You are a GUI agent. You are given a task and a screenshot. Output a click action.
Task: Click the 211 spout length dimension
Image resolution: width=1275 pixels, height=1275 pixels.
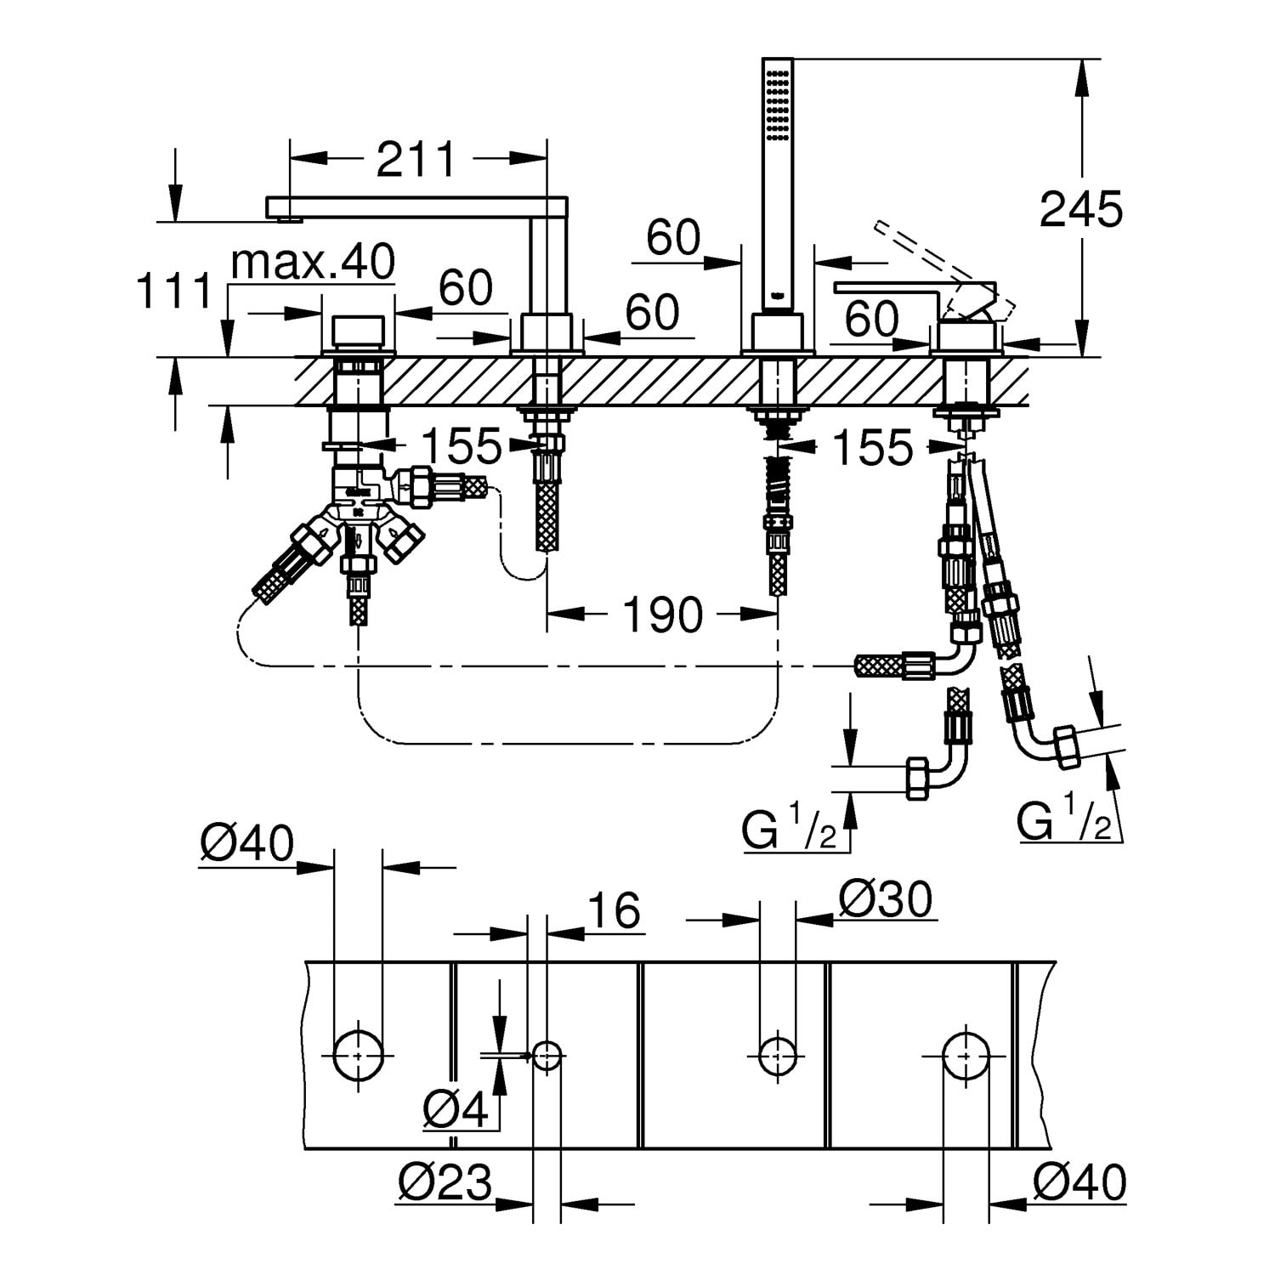416,159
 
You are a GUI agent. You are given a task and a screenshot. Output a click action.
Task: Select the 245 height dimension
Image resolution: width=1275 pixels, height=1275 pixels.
1080,209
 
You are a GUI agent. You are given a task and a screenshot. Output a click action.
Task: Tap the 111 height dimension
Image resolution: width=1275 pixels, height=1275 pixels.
173,292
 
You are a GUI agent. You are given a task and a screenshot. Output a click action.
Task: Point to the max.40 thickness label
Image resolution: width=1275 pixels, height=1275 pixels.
313,263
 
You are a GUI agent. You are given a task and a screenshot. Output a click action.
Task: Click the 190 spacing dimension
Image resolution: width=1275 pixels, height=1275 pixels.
663,614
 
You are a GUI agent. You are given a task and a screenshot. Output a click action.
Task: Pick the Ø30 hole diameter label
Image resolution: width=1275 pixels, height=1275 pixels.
886,898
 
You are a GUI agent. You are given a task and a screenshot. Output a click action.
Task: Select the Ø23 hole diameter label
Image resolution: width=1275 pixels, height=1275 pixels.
445,1182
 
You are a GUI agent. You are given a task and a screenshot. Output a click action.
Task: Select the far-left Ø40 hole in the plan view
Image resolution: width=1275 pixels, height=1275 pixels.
358,1054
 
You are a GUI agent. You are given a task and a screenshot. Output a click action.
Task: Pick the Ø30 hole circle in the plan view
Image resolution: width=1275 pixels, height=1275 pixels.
778,1055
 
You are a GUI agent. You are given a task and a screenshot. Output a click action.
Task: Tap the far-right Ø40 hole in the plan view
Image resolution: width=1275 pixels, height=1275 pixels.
966,1054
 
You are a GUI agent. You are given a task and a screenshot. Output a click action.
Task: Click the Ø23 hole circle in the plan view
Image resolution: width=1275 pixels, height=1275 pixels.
547,1055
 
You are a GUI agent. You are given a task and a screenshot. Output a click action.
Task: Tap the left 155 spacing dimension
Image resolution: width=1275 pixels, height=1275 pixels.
462,445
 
